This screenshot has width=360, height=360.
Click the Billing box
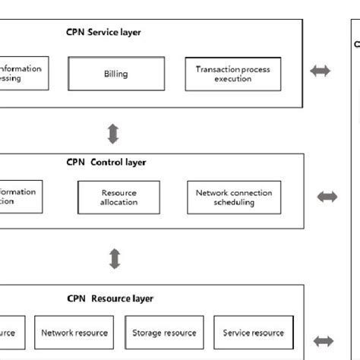pyautogui.click(x=115, y=74)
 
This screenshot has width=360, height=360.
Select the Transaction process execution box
pyautogui.click(x=232, y=74)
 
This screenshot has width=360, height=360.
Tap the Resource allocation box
pyautogui.click(x=118, y=197)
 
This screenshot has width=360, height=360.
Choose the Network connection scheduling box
pyautogui.click(x=234, y=197)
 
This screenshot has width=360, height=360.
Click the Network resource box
pyautogui.click(x=74, y=333)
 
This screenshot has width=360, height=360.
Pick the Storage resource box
pyautogui.click(x=164, y=333)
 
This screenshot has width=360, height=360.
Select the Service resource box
pyautogui.click(x=253, y=333)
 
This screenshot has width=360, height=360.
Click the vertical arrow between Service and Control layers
pyautogui.click(x=113, y=134)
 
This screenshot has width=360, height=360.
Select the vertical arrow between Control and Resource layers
pyautogui.click(x=115, y=258)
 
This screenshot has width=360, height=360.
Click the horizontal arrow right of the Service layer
pyautogui.click(x=321, y=71)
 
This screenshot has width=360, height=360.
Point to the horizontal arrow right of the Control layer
pyautogui.click(x=327, y=197)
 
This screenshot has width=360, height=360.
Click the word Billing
pyautogui.click(x=115, y=74)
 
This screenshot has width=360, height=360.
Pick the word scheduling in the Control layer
pyautogui.click(x=234, y=203)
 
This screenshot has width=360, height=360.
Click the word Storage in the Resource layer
pyautogui.click(x=148, y=333)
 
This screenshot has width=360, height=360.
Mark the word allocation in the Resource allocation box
pyautogui.click(x=118, y=203)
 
